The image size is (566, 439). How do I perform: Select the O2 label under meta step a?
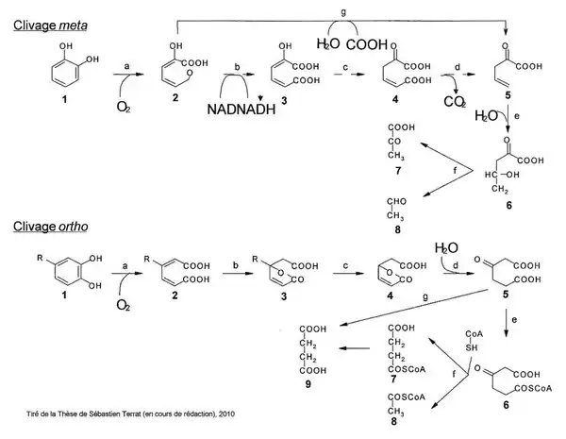click(124, 106)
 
